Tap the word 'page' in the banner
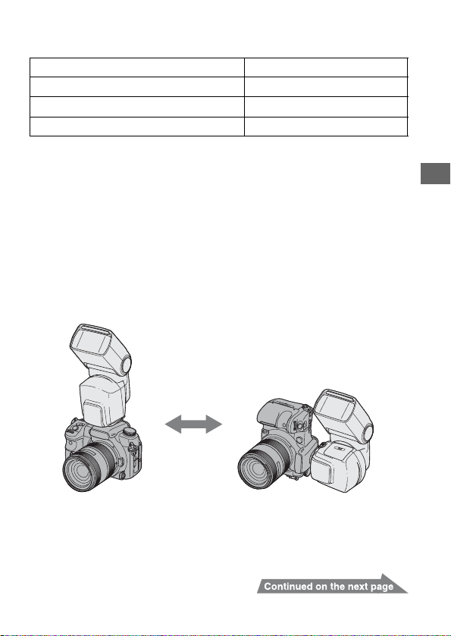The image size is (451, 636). (382, 587)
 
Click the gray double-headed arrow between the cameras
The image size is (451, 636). (193, 425)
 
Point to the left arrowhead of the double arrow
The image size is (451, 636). (173, 425)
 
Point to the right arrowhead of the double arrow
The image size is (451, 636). (215, 425)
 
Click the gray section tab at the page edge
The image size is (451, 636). (436, 174)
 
